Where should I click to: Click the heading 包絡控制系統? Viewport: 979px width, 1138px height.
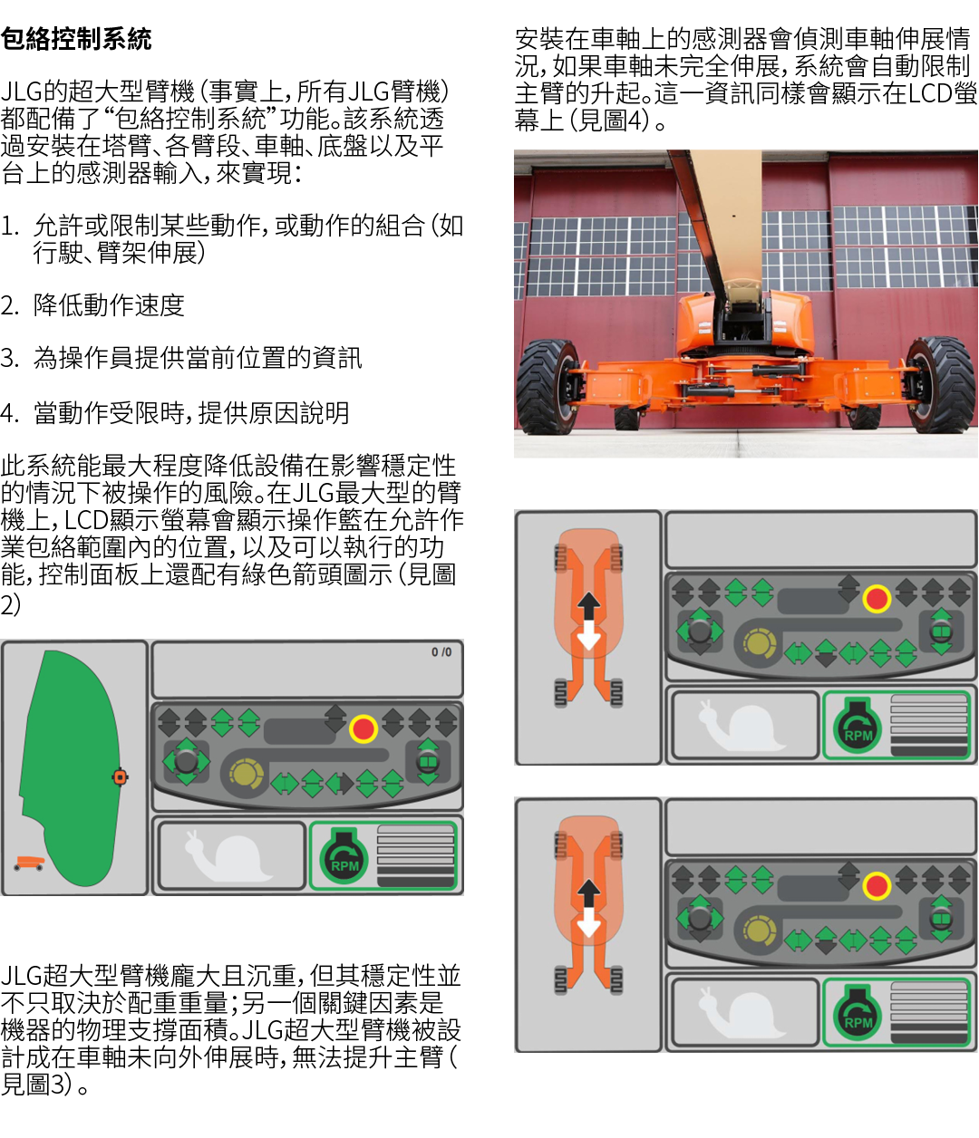click(x=76, y=39)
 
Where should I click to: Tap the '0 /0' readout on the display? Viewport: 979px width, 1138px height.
click(x=441, y=651)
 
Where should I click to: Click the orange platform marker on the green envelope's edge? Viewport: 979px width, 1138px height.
click(x=120, y=776)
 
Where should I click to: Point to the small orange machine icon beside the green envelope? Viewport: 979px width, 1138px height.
click(x=29, y=863)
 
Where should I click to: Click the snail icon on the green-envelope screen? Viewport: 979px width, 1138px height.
click(x=228, y=855)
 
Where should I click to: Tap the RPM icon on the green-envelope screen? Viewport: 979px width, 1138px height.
click(x=344, y=856)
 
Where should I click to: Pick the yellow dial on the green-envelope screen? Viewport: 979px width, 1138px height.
click(x=246, y=773)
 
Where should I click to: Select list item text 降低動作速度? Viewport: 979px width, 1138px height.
click(x=109, y=305)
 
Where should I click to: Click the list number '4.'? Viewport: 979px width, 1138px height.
click(x=9, y=413)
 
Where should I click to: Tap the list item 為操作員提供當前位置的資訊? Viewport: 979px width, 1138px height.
click(x=198, y=358)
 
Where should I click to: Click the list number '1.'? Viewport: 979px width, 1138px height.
click(x=9, y=227)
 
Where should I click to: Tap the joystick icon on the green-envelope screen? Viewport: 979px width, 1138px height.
click(x=186, y=761)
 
